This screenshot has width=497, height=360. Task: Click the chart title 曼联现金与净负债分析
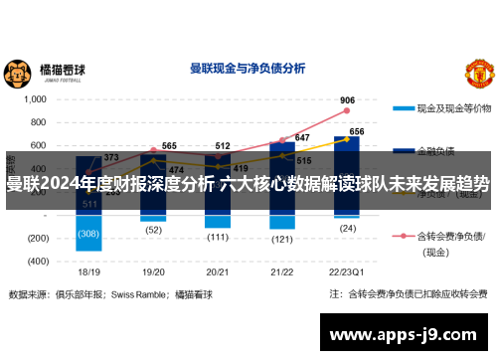click(x=247, y=69)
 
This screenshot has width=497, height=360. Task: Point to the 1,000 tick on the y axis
click(x=34, y=99)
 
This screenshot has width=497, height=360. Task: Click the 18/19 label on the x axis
click(x=89, y=271)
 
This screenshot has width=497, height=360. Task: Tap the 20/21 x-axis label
click(x=218, y=271)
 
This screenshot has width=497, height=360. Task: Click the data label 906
click(x=347, y=100)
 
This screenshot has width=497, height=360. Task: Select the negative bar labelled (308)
click(x=89, y=233)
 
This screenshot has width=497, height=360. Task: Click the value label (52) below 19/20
click(x=153, y=230)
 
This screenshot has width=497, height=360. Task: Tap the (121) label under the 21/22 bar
click(x=281, y=240)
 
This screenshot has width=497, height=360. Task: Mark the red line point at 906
click(x=347, y=111)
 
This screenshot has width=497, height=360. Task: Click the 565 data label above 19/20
click(x=169, y=146)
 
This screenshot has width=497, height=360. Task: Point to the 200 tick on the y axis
click(x=39, y=192)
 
